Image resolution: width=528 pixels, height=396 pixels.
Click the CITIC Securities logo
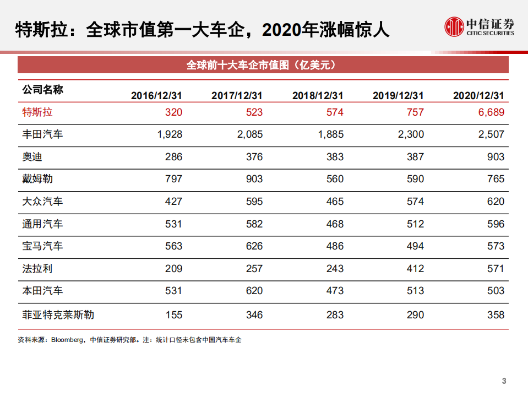pyautogui.click(x=480, y=26)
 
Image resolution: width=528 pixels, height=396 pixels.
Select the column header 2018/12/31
pyautogui.click(x=317, y=95)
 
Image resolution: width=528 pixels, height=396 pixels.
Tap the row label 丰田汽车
pyautogui.click(x=42, y=134)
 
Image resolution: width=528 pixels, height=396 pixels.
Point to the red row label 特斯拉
pyautogui.click(x=37, y=112)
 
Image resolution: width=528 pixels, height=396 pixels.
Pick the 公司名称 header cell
pyautogui.click(x=42, y=89)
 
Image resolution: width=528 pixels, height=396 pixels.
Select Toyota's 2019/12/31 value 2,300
pyautogui.click(x=411, y=134)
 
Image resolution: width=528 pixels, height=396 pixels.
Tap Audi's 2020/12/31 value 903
pyautogui.click(x=496, y=157)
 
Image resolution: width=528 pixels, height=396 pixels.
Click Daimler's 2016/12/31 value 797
pyautogui.click(x=173, y=179)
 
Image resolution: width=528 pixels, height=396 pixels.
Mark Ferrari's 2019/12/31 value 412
pyautogui.click(x=415, y=269)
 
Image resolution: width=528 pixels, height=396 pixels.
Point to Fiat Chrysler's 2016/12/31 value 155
pyautogui.click(x=173, y=315)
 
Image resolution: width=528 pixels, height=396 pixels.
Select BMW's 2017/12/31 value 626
pyautogui.click(x=254, y=246)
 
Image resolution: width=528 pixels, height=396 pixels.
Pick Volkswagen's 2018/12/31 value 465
pyautogui.click(x=334, y=202)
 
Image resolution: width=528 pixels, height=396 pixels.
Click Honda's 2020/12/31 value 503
pyautogui.click(x=496, y=291)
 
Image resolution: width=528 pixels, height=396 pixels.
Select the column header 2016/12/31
pyautogui.click(x=156, y=95)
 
